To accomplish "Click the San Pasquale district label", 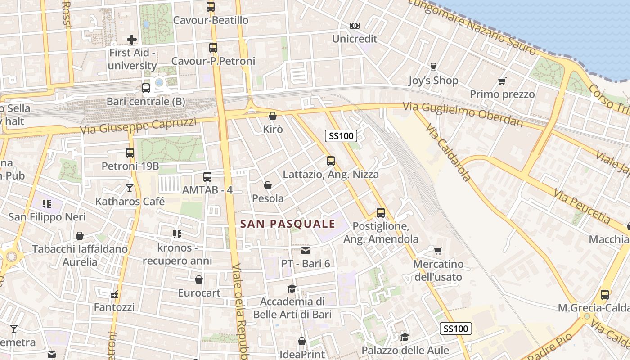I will point(288,224).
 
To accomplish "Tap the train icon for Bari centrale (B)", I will point(146,88).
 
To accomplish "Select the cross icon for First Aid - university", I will point(132,40).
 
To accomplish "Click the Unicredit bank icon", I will point(355,26).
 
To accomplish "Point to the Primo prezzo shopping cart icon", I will point(502,81).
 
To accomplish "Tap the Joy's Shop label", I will point(433,81).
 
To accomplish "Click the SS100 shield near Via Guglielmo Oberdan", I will point(341,135).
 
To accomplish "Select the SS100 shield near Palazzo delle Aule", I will point(455,328).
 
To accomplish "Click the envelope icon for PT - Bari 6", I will point(306,251).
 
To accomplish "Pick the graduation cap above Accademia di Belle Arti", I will point(292,288).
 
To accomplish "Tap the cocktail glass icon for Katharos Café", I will point(130,188).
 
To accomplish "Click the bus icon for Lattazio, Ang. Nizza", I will point(331,161).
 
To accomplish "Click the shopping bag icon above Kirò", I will point(272,116).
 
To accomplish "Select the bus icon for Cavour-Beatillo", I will point(211,7).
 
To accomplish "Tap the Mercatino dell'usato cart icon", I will point(438,251).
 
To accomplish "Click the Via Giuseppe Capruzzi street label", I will point(139,126).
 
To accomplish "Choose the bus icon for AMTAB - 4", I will point(207,177).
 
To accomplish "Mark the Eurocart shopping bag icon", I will point(199,280).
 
